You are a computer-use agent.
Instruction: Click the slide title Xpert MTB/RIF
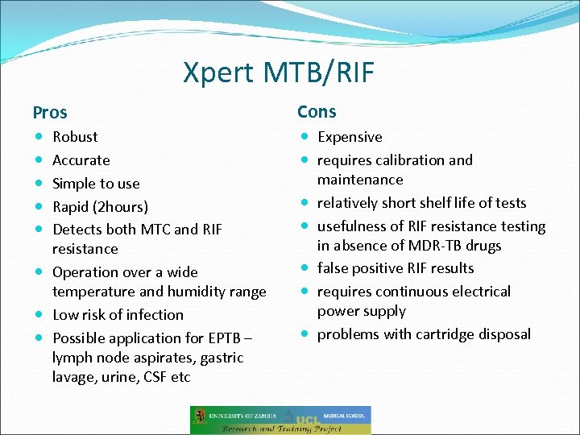click(x=279, y=72)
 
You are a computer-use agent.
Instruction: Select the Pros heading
click(x=50, y=113)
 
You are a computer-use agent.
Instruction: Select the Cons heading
click(x=317, y=112)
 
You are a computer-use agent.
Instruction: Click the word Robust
click(x=75, y=137)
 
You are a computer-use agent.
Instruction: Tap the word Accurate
click(x=81, y=160)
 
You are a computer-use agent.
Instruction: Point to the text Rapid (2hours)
click(x=100, y=207)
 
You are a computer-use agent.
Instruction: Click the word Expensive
click(x=350, y=137)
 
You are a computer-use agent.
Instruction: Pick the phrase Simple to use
click(x=96, y=184)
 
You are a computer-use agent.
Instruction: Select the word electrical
click(x=481, y=292)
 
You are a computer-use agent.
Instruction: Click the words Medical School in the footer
click(x=347, y=416)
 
